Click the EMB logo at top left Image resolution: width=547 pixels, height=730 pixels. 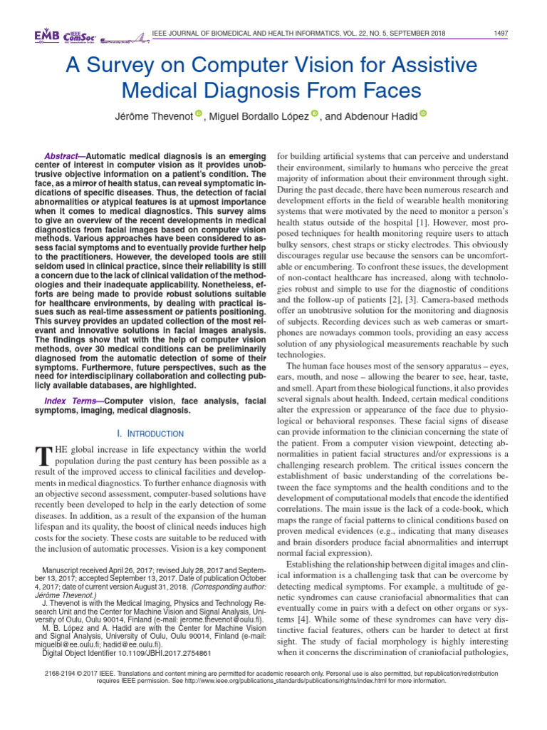[x=46, y=36]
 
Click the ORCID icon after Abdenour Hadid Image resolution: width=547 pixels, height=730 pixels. [x=422, y=113]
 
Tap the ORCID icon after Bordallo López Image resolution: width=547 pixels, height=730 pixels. [x=315, y=113]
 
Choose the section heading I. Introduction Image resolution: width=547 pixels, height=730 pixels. [x=150, y=433]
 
